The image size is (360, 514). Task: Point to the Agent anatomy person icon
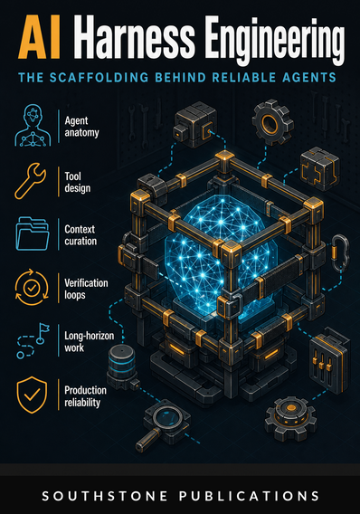pos(33,125)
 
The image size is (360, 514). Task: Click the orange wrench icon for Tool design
pos(30,181)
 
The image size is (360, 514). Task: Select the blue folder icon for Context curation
pos(33,233)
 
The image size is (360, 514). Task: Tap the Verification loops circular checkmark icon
pos(32,287)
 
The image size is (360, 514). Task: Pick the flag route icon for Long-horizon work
pos(33,340)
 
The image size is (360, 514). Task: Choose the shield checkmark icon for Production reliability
pos(32,395)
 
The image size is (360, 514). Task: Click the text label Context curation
pos(81,235)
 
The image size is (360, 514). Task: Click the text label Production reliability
pos(86,396)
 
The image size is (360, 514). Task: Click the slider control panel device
pos(329,359)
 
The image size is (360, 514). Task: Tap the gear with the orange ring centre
pos(272,122)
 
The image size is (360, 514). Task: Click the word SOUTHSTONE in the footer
pos(105,496)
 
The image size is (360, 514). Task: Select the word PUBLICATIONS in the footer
pos(249,496)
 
